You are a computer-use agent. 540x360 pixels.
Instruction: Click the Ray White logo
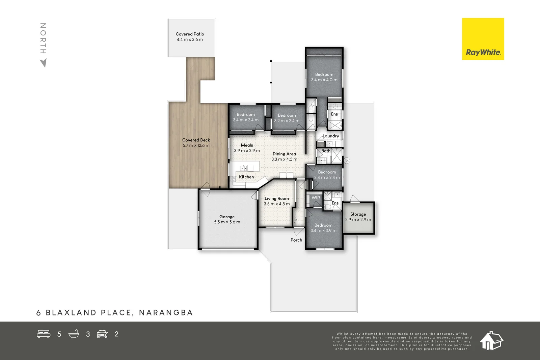click(x=483, y=39)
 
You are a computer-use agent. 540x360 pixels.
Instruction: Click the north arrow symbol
click(x=43, y=63)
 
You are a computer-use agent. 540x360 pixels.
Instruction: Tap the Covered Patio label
click(x=190, y=34)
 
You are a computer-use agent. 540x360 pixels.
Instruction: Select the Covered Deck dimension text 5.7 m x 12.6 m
click(x=196, y=145)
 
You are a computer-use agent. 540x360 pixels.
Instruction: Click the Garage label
click(x=227, y=217)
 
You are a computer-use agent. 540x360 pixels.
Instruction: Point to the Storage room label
click(x=358, y=214)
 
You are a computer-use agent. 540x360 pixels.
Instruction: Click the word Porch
click(x=296, y=240)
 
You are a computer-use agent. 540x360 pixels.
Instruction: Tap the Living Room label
click(x=277, y=198)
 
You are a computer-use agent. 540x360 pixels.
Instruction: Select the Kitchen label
click(x=246, y=177)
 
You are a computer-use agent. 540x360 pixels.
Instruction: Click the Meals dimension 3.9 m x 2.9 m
click(x=247, y=150)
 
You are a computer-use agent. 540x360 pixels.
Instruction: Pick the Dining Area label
click(x=284, y=154)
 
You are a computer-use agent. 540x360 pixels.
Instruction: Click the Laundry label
click(x=331, y=136)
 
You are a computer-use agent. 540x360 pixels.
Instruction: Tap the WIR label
click(x=316, y=198)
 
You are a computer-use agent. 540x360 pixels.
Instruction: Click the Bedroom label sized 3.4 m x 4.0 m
click(x=324, y=74)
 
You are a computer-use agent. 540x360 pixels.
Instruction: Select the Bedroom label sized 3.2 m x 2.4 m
click(x=287, y=115)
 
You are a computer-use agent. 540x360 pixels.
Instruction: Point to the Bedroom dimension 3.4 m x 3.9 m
click(x=323, y=230)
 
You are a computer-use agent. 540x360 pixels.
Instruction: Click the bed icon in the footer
click(x=44, y=334)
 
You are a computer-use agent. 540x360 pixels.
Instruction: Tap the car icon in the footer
click(x=102, y=334)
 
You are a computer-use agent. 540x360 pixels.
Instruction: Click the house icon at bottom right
click(x=491, y=340)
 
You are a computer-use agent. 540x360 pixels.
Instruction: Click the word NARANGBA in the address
click(x=166, y=313)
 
